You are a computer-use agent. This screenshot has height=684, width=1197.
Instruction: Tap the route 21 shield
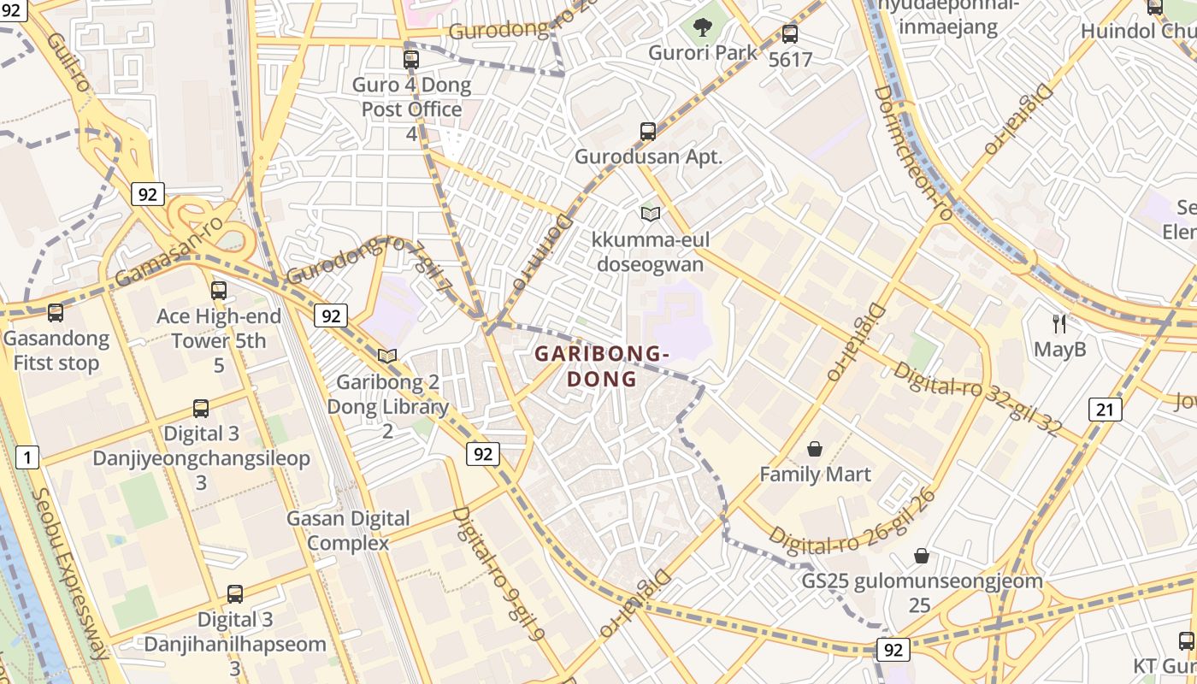coord(1105,410)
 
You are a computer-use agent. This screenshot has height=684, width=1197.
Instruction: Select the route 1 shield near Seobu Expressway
coord(27,457)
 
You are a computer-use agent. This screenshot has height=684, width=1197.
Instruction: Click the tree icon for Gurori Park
coord(702,27)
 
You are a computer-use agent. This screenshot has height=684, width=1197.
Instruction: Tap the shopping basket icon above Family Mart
coord(815,449)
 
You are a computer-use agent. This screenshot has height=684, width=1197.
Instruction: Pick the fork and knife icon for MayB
coord(1059,323)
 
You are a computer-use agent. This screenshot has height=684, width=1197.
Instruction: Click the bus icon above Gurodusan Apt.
coord(648,132)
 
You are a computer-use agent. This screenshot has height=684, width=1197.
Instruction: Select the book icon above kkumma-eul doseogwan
coord(650,214)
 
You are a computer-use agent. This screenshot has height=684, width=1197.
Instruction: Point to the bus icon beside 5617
coord(790,34)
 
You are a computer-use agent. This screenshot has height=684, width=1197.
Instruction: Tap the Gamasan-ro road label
coord(168,251)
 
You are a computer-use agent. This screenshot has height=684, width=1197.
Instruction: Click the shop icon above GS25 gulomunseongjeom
coord(921,556)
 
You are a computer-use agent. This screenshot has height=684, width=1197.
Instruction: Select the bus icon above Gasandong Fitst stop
coord(56,313)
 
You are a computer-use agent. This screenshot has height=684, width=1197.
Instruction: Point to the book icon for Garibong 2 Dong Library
coord(387,356)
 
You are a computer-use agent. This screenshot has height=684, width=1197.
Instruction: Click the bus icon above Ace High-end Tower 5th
coord(219,290)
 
